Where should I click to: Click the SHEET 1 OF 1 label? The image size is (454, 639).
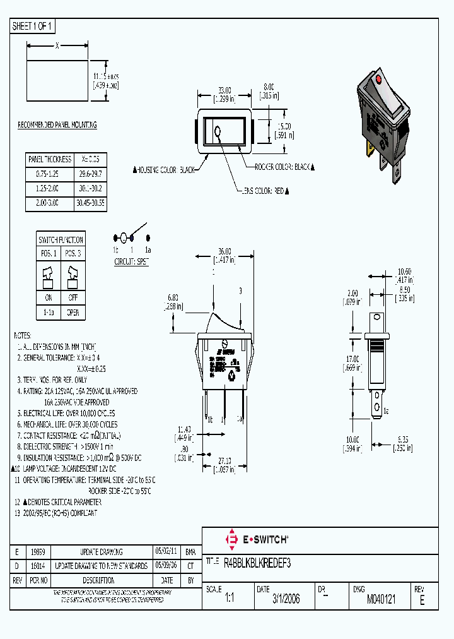click(33, 26)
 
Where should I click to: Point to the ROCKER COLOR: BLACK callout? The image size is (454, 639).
click(284, 167)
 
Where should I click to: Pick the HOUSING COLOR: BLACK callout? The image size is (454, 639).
click(165, 170)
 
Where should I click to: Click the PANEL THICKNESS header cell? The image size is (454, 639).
click(49, 159)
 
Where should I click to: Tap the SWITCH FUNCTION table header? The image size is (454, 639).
click(61, 240)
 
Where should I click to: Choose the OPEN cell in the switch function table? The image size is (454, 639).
click(73, 312)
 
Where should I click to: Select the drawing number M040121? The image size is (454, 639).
click(381, 599)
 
